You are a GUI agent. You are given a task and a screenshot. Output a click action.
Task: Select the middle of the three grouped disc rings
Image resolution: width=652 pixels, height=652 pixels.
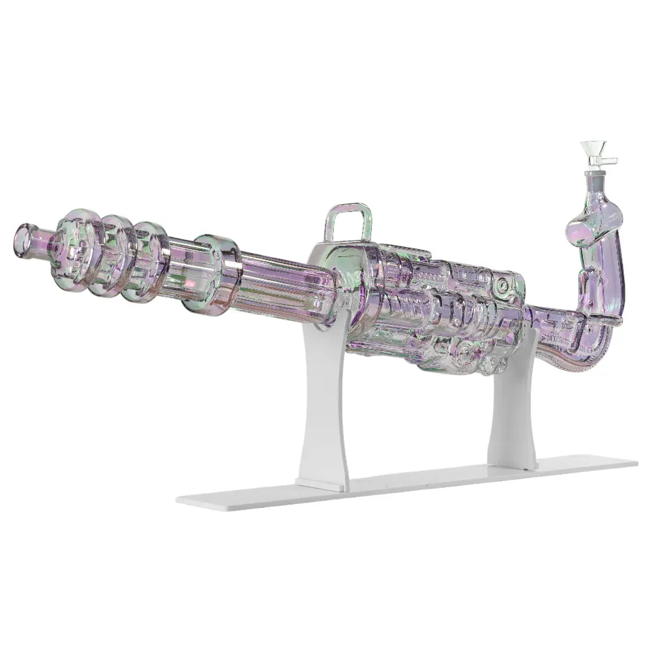pos(112,254)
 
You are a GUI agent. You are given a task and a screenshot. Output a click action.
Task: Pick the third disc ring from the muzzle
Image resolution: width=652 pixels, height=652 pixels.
pos(148,261)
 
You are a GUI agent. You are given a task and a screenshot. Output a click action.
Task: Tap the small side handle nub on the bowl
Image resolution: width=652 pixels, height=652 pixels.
pos(612,160)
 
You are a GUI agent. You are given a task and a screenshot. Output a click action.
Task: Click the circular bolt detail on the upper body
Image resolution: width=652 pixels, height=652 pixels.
pos(501,286)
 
